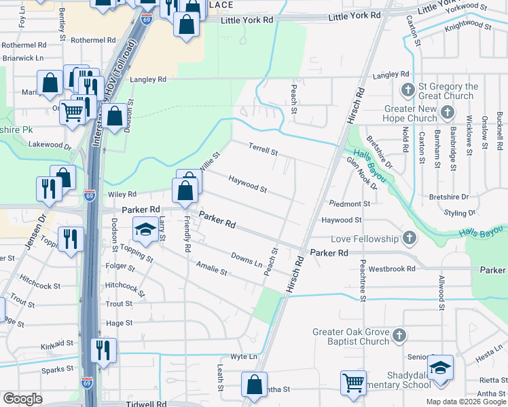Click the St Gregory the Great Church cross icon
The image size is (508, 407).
coord(408,90)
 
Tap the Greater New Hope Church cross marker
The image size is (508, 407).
coord(448,113)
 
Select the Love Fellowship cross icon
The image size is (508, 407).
coord(409,238)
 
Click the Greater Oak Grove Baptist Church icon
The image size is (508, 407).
coord(399,336)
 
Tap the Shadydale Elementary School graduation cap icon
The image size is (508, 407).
coord(441,367)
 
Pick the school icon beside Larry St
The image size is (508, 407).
coord(145,231)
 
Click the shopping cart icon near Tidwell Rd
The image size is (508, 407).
coord(353,383)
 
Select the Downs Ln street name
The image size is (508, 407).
coord(246,259)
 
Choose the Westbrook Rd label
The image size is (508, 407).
coord(393,269)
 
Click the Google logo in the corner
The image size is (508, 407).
coord(22,399)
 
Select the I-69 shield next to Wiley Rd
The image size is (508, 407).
coord(90,195)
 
